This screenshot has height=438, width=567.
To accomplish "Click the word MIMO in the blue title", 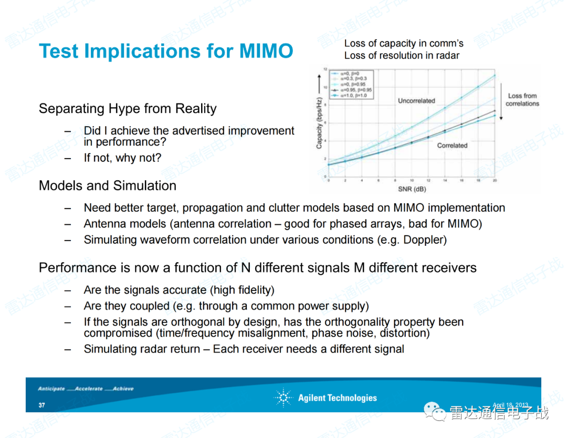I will (266, 51).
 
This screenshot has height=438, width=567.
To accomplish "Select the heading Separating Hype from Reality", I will (128, 109).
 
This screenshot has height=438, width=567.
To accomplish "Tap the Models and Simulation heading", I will (108, 186).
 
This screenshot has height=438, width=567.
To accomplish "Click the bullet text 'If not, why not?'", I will (122, 158).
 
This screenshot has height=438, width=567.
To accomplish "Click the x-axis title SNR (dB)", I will (412, 189).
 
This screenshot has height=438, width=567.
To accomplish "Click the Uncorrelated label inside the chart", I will (416, 101).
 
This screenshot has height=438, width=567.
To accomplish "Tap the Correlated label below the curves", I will (452, 145).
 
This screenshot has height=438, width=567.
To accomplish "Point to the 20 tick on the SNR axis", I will (495, 180).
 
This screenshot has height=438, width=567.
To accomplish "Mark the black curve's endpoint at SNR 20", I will (495, 110).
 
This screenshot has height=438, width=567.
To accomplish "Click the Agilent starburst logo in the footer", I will (283, 398).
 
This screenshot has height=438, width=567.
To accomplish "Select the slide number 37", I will (41, 405).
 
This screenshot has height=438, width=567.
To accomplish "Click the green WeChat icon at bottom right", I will (433, 411).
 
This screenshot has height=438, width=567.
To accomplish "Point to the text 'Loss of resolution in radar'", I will (402, 56).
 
